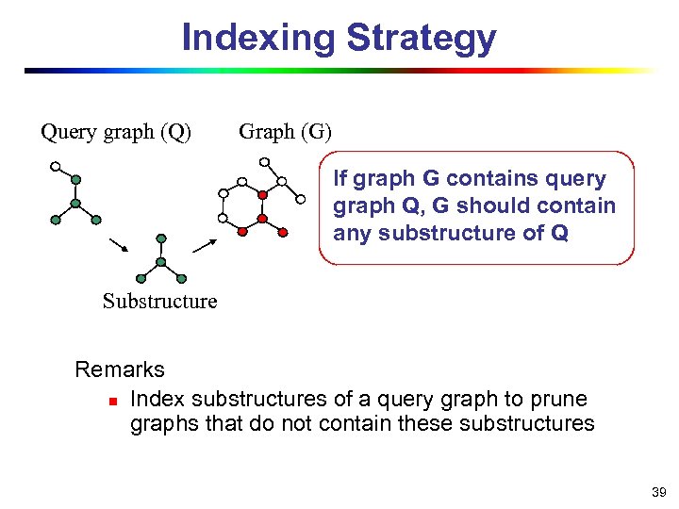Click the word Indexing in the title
click(x=257, y=38)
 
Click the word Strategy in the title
click(x=421, y=39)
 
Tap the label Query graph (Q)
click(x=116, y=132)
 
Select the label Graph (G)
click(x=286, y=132)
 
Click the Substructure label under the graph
click(x=159, y=302)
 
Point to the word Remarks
click(x=120, y=369)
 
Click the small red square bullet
click(x=110, y=402)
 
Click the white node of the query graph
click(x=56, y=167)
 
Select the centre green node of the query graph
click(x=74, y=203)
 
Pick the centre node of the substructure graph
click(x=161, y=261)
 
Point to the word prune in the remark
click(x=558, y=399)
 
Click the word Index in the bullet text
click(x=157, y=399)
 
